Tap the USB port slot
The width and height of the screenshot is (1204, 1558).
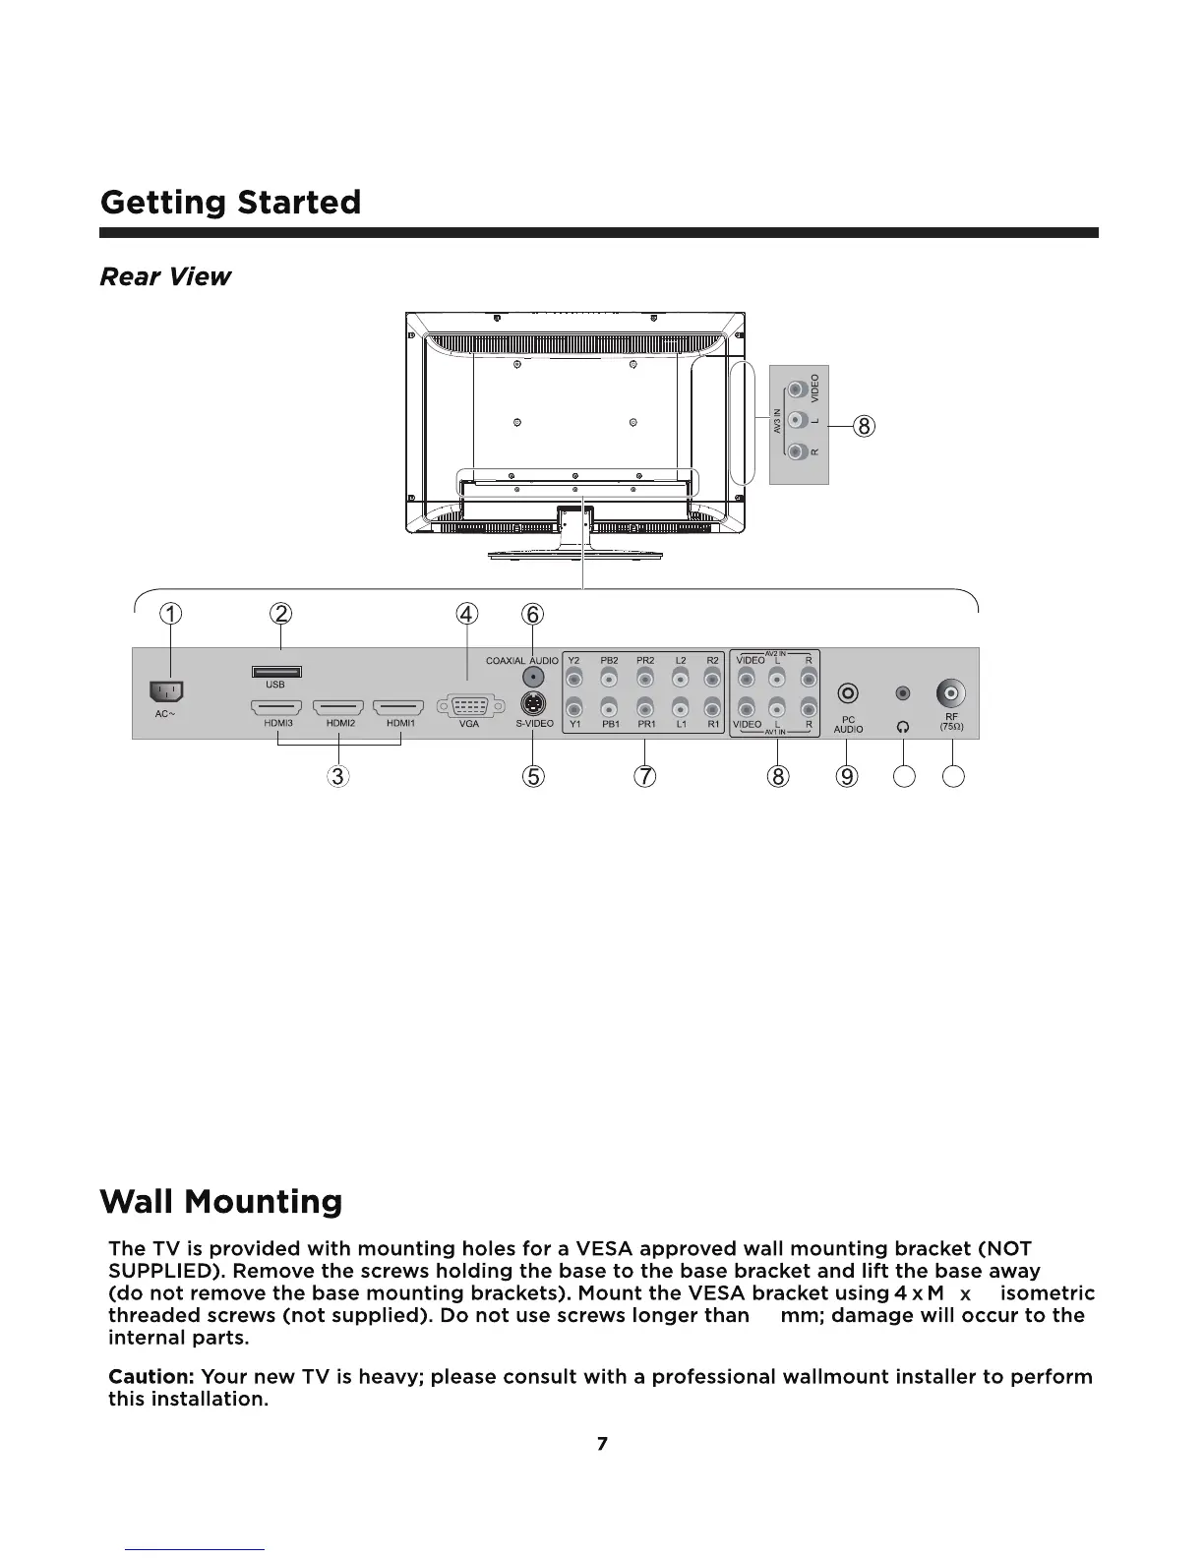pyautogui.click(x=276, y=672)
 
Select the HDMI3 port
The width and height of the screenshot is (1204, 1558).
pyautogui.click(x=276, y=707)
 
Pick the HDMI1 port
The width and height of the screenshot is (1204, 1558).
pyautogui.click(x=398, y=707)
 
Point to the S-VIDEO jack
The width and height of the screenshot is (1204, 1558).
pyautogui.click(x=532, y=703)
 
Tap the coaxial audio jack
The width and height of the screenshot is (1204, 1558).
pyautogui.click(x=532, y=677)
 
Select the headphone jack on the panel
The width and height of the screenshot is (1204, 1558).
pyautogui.click(x=903, y=694)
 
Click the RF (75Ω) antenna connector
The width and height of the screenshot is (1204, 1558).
pyautogui.click(x=951, y=694)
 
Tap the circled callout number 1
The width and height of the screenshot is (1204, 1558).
pyautogui.click(x=171, y=615)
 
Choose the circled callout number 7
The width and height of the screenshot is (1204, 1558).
pyautogui.click(x=644, y=776)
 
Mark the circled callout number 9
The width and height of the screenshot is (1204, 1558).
pyautogui.click(x=847, y=776)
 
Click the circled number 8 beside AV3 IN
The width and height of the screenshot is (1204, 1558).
pyautogui.click(x=863, y=426)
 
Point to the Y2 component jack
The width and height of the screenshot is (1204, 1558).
pyautogui.click(x=575, y=679)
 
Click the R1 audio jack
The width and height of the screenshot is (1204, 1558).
pyautogui.click(x=713, y=706)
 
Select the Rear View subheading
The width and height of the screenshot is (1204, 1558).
pyautogui.click(x=165, y=277)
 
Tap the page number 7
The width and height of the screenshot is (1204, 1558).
pyautogui.click(x=602, y=1444)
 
